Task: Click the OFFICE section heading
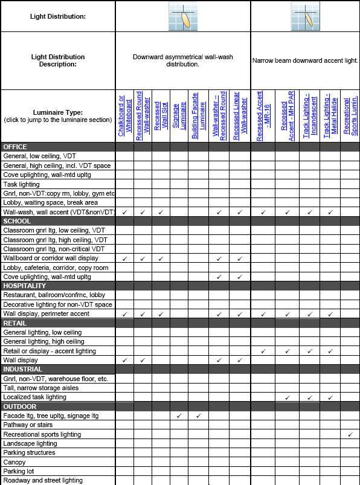(15, 147)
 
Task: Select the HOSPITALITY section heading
(24, 286)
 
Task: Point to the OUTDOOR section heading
(20, 406)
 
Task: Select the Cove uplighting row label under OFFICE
(47, 175)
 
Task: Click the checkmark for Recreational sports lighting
(350, 434)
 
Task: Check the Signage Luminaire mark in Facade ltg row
(179, 416)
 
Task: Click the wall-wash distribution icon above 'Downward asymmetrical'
(183, 16)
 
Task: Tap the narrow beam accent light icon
(305, 16)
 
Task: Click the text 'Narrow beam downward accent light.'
(305, 60)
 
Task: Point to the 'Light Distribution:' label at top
(58, 16)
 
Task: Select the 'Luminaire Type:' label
(59, 112)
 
